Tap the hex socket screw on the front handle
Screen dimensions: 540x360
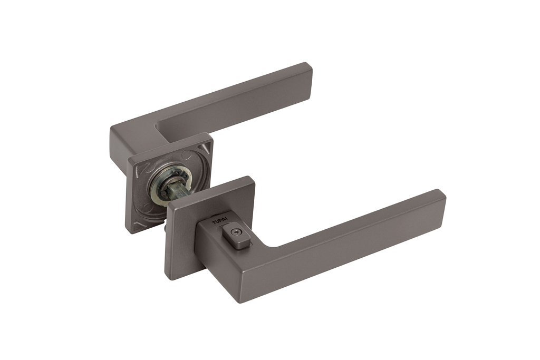pyautogui.click(x=235, y=234)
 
